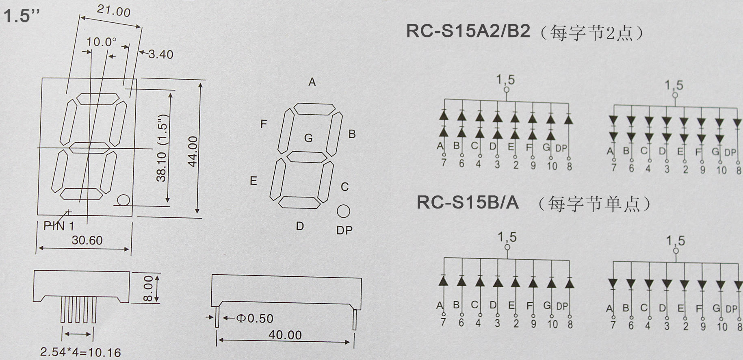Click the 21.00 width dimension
pos(114,11)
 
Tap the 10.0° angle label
pos(102,41)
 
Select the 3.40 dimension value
pos(160,54)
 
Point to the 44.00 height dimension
pos(193,151)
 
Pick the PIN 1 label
pos(59,226)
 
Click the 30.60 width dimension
pos(87,241)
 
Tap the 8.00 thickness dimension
pos(149,288)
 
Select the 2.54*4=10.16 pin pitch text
pos(80,352)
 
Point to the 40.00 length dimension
pos(285,335)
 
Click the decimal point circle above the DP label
pos(343,211)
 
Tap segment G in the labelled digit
pos(307,157)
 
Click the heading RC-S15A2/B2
pos(468,31)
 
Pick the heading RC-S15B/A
pos(468,202)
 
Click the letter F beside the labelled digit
pos(264,124)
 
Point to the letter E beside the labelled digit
pos(253,181)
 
